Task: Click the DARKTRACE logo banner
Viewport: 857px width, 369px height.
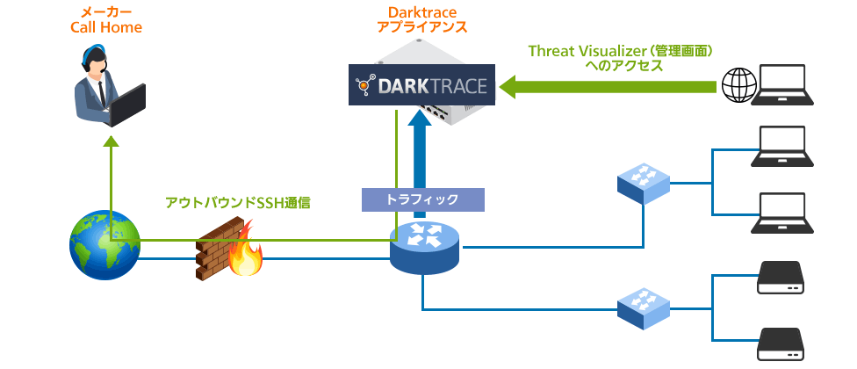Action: point(421,86)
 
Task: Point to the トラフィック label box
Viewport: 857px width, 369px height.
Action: point(422,199)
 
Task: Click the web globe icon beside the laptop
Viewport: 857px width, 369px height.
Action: point(738,85)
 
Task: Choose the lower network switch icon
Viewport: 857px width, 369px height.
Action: point(643,307)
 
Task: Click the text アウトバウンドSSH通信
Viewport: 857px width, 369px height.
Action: point(238,203)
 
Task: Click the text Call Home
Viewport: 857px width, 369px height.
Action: point(106,28)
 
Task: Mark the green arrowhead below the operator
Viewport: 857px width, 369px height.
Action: point(112,142)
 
